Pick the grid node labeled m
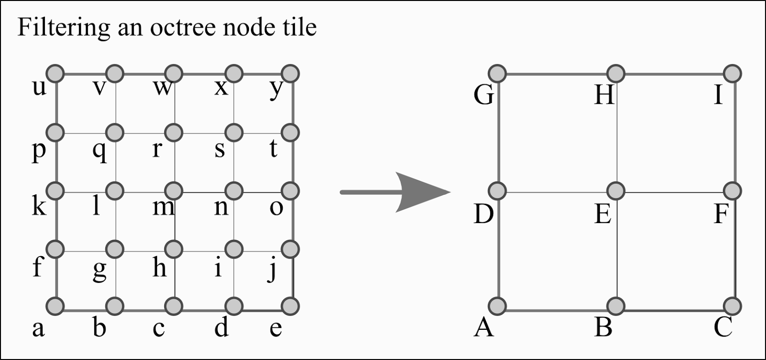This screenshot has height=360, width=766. [174, 191]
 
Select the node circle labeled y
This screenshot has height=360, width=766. [290, 74]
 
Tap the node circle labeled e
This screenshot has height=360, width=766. [290, 305]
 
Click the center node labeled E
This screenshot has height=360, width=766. [616, 191]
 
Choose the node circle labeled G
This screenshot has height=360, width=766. [498, 74]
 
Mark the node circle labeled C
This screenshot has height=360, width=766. [732, 305]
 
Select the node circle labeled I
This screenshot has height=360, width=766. [732, 74]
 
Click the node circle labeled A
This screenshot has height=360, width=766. [498, 305]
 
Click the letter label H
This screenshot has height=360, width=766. [604, 95]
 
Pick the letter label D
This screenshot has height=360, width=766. [483, 214]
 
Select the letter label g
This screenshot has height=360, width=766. [99, 270]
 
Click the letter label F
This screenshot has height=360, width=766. [721, 214]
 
